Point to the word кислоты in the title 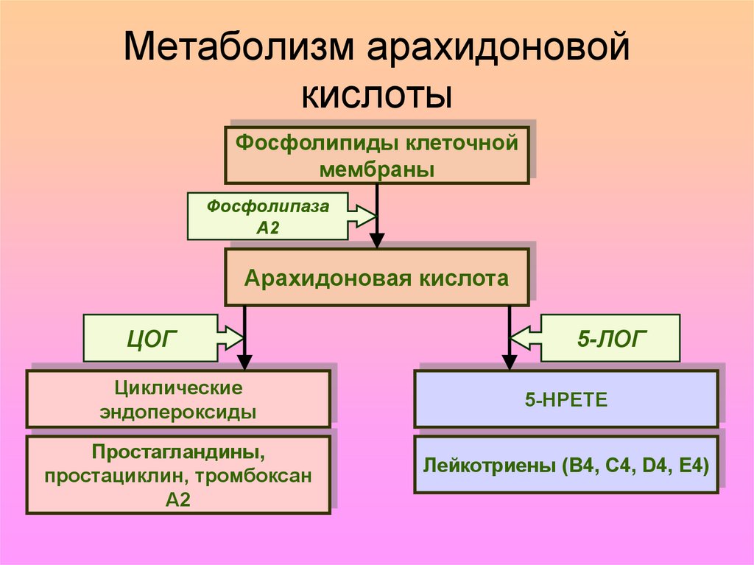pyautogui.click(x=376, y=96)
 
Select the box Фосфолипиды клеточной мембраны pyautogui.click(x=376, y=155)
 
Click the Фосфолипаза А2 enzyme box pyautogui.click(x=268, y=217)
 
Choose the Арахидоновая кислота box pyautogui.click(x=376, y=278)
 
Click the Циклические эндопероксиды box pyautogui.click(x=178, y=399)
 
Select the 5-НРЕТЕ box pyautogui.click(x=565, y=399)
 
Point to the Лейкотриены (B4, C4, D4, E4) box pyautogui.click(x=565, y=466)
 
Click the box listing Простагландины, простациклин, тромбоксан pyautogui.click(x=178, y=475)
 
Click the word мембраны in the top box pyautogui.click(x=376, y=169)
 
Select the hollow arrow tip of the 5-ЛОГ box pyautogui.click(x=520, y=339)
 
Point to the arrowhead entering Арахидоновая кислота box pyautogui.click(x=377, y=242)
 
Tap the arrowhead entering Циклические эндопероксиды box pyautogui.click(x=244, y=362)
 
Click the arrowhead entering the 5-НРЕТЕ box pyautogui.click(x=510, y=362)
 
